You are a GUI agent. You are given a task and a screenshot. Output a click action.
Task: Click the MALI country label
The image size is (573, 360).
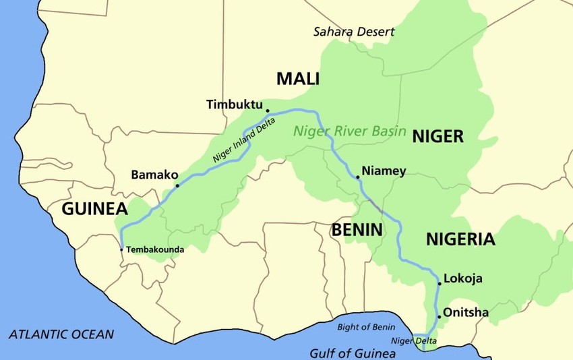click(x=297, y=79)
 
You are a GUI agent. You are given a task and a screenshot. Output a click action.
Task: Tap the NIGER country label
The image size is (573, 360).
click(x=438, y=137)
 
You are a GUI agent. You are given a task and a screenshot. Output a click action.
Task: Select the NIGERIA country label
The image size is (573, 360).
click(x=460, y=239)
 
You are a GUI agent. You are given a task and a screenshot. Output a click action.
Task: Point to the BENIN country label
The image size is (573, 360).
click(x=357, y=230)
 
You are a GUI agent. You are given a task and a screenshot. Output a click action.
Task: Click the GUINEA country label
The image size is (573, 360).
click(x=94, y=208)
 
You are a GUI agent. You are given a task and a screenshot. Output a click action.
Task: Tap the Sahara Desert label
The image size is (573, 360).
click(x=354, y=32)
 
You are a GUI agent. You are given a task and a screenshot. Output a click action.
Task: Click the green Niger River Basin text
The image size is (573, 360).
click(x=349, y=131)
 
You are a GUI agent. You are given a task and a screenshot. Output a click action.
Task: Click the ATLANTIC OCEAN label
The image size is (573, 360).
click(x=61, y=334)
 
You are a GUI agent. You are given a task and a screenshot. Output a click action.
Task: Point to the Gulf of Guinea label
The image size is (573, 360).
click(x=353, y=353)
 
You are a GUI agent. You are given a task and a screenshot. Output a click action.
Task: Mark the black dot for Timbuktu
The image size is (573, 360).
click(x=268, y=111)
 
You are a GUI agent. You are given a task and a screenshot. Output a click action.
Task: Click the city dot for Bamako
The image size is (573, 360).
click(x=177, y=185)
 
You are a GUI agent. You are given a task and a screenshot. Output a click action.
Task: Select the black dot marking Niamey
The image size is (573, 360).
click(x=357, y=178)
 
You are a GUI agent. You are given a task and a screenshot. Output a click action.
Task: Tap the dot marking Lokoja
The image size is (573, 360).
click(x=439, y=284)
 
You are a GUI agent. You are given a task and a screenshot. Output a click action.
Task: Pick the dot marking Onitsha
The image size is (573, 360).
click(x=439, y=316)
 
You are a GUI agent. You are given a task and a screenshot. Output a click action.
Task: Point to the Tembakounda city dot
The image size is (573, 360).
click(x=121, y=249)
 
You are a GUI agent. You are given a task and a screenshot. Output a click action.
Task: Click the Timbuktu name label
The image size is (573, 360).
click(x=234, y=104)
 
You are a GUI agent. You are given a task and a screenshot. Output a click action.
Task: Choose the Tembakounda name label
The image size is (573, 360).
click(x=154, y=249)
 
